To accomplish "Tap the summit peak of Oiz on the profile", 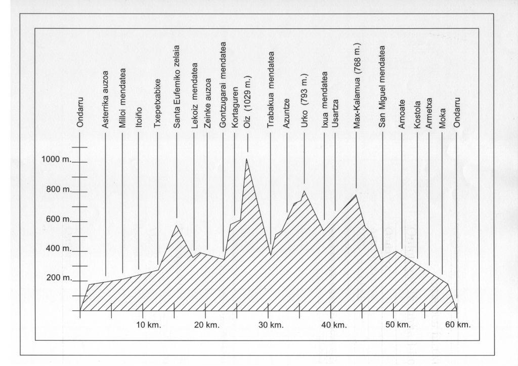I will point(247,159).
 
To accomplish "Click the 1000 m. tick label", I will point(56,159).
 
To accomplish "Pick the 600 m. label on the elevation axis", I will point(58,219).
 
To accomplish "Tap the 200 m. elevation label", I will point(58,278).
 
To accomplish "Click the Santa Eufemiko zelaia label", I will point(177,87).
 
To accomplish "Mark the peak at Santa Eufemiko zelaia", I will point(176,225).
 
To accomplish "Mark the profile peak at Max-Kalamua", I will point(356,195).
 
